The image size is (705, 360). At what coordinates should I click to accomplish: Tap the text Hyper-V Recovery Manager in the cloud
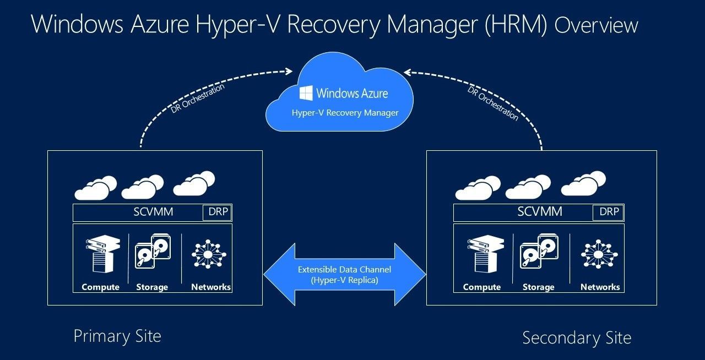[x=345, y=113]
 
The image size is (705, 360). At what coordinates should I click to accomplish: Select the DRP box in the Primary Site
[x=218, y=212]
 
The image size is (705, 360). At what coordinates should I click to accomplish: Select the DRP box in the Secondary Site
[x=609, y=212]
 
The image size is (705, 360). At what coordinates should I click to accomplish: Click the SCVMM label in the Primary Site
[x=153, y=212]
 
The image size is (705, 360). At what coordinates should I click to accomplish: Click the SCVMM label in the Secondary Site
[x=540, y=212]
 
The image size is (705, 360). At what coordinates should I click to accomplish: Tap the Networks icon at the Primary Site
[x=209, y=254]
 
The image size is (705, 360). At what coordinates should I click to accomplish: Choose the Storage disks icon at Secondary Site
[x=539, y=253]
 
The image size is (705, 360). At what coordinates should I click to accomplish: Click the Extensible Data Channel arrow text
[x=345, y=274]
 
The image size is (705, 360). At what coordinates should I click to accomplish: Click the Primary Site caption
[x=117, y=336]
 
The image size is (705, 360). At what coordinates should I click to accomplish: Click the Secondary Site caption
[x=576, y=337]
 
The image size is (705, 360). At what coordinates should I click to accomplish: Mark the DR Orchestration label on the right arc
[x=493, y=103]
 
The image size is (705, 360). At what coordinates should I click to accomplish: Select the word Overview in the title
[x=596, y=26]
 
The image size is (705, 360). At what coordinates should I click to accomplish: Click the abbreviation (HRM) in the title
[x=516, y=25]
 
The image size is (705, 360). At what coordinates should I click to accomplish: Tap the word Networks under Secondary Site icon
[x=600, y=287]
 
